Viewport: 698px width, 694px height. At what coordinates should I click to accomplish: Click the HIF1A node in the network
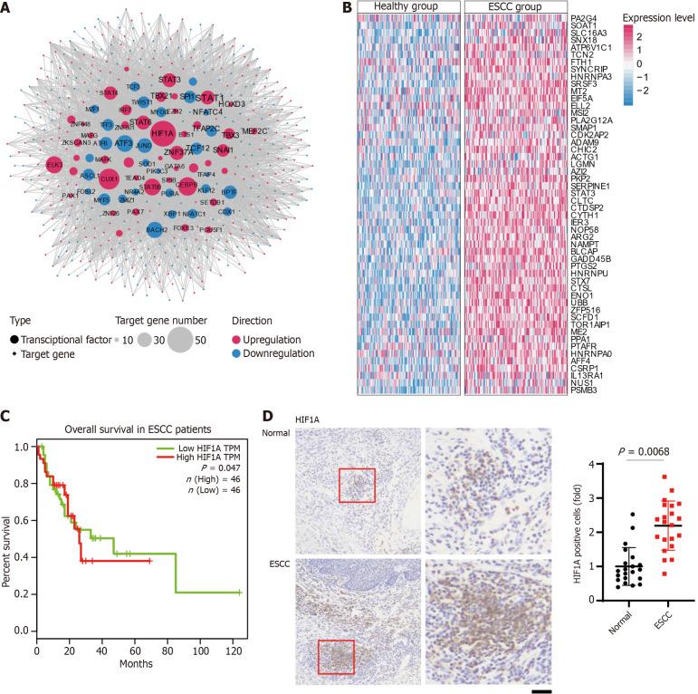click(163, 133)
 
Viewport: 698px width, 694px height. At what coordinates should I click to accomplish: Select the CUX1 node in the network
click(110, 178)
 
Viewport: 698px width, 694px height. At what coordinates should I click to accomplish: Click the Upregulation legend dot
click(240, 338)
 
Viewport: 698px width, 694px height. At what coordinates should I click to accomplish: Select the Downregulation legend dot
click(240, 352)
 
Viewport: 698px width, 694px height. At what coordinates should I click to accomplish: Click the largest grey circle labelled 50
click(179, 341)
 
